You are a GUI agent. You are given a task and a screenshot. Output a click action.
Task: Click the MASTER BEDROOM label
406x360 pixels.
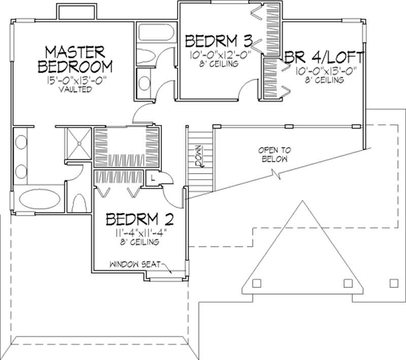(75, 59)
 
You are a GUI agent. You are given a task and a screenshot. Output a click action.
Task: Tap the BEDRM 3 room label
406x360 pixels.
(219, 41)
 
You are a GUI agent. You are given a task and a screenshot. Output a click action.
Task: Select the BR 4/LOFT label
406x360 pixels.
(324, 57)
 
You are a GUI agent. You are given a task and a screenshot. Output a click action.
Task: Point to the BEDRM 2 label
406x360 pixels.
(140, 219)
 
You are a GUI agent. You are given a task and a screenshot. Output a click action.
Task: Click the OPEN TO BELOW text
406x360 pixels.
(275, 154)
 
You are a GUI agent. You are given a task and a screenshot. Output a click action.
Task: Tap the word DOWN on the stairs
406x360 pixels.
(199, 156)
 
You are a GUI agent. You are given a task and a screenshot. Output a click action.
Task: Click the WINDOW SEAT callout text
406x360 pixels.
(135, 265)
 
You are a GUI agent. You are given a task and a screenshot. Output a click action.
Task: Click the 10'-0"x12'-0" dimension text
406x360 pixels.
(221, 55)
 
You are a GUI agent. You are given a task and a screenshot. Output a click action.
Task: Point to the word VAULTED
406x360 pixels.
(75, 89)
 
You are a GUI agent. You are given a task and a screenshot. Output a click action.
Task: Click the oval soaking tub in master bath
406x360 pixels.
(40, 199)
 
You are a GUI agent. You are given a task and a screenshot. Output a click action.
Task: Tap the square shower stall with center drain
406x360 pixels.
(79, 143)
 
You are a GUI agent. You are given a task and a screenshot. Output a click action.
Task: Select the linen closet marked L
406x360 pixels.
(153, 178)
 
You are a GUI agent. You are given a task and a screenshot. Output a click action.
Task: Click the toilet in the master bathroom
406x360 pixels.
(79, 204)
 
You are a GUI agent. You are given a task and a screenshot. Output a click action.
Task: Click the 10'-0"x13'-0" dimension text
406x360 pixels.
(326, 71)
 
